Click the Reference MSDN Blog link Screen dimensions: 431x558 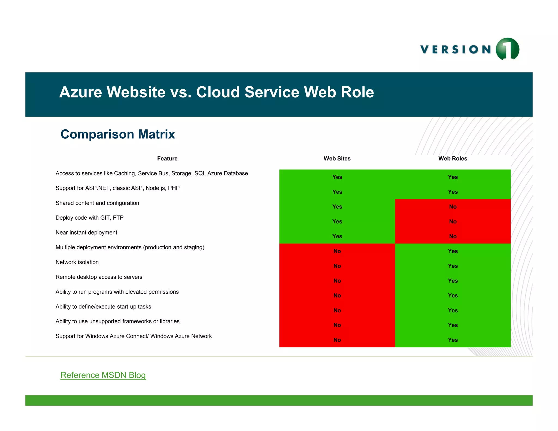tap(103, 375)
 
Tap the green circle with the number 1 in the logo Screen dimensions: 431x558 tap(507, 49)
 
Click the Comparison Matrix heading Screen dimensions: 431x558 tap(118, 134)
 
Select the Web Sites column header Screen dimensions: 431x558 tap(337, 159)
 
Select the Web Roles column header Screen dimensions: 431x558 tap(453, 159)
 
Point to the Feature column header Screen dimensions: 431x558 tap(167, 159)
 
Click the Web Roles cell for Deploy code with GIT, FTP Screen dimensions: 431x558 tap(453, 221)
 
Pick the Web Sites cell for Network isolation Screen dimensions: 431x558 tap(337, 266)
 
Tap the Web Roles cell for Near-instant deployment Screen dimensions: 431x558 tap(453, 236)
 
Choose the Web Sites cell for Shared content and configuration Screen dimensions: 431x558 tap(337, 207)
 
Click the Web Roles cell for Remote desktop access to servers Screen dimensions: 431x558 tap(453, 281)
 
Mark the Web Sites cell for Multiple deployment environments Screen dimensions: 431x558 tap(337, 251)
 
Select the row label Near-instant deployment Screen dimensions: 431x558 tap(86, 233)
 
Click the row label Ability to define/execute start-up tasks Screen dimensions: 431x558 tap(103, 307)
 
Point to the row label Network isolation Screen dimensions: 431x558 tap(77, 262)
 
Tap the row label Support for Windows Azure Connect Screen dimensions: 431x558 tap(134, 336)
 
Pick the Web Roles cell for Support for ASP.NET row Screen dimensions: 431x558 tap(453, 192)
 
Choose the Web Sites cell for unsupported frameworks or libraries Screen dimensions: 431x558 tap(337, 325)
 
